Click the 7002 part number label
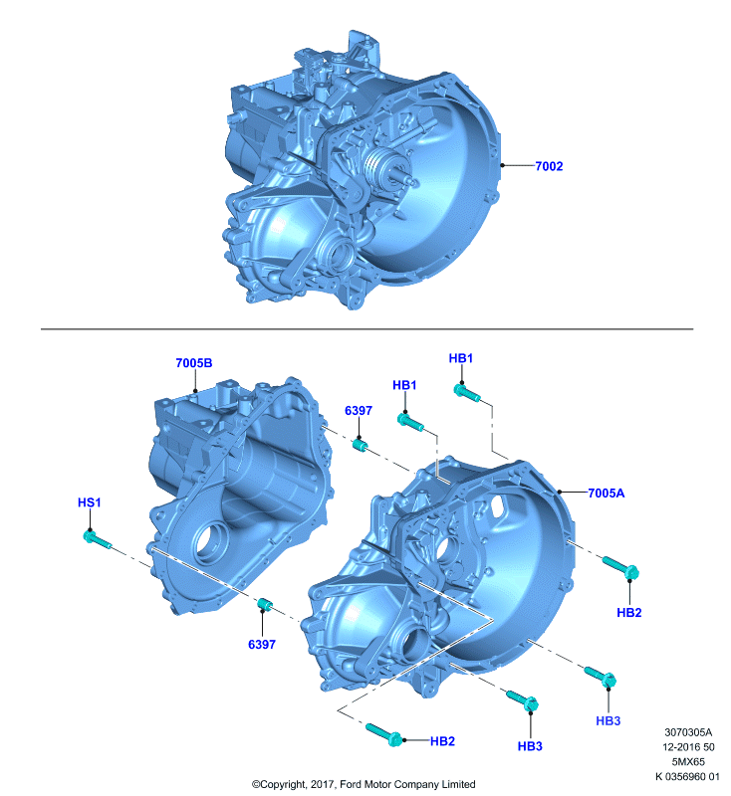pos(549,166)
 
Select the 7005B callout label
pos(194,363)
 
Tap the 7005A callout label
pos(607,493)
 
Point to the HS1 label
pos(90,502)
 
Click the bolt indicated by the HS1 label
pos(97,540)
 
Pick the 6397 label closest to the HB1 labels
pos(359,411)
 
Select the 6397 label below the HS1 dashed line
pos(262,644)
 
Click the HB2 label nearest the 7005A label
pos(628,613)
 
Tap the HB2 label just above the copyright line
pos(442,741)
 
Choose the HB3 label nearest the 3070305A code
pos(609,720)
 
